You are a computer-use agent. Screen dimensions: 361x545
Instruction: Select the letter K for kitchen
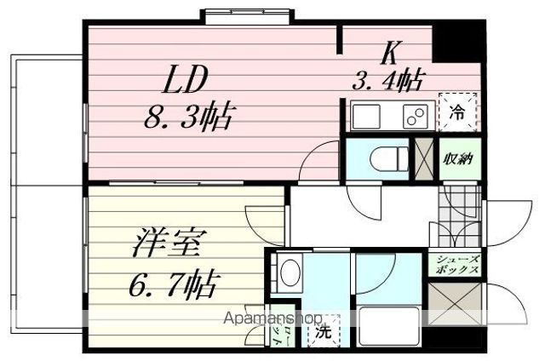[391, 53]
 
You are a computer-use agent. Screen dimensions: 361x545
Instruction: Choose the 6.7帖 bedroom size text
[174, 280]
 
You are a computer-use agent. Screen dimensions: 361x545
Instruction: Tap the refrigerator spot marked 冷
[457, 110]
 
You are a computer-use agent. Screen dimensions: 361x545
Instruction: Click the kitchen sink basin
[368, 114]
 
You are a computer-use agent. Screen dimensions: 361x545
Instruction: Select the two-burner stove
[413, 114]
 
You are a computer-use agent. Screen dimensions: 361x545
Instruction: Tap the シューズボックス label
[458, 264]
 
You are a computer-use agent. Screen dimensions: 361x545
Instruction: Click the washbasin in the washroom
[289, 273]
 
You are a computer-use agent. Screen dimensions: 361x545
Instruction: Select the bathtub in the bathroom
[387, 324]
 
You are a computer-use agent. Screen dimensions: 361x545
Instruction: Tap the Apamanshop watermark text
[271, 318]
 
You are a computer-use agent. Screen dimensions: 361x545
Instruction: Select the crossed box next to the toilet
[423, 158]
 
